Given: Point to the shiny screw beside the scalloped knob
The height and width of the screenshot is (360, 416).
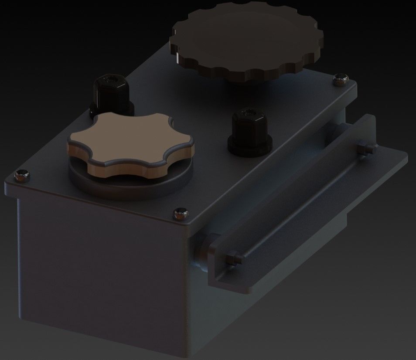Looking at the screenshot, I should [x=340, y=79].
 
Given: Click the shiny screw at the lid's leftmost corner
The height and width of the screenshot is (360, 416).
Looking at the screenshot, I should [x=21, y=175].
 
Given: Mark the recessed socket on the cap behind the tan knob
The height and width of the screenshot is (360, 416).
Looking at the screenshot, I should [x=111, y=80].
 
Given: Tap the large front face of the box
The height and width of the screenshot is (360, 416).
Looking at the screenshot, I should [x=100, y=266].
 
